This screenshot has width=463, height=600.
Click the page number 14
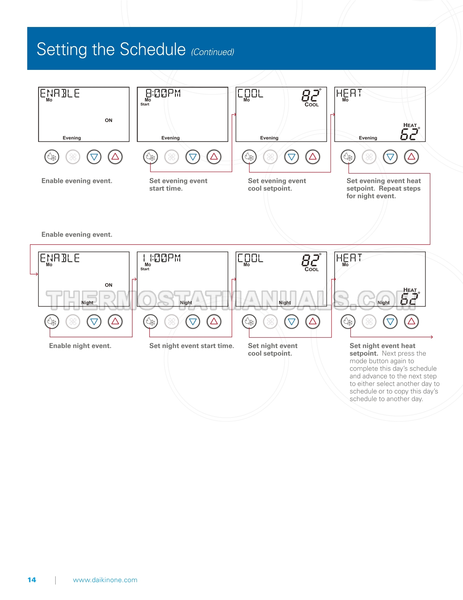click(32, 580)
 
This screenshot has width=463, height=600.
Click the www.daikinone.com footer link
click(105, 580)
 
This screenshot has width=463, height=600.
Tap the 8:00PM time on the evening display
click(163, 93)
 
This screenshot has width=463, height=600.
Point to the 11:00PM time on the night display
click(162, 258)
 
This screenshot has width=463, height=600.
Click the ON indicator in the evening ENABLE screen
click(109, 120)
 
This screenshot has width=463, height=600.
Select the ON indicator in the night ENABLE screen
click(109, 285)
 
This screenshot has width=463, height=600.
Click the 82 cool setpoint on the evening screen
click(310, 95)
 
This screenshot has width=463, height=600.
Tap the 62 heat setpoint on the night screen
click(409, 299)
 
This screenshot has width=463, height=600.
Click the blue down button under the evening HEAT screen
click(390, 157)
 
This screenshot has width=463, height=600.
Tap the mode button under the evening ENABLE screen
click(52, 157)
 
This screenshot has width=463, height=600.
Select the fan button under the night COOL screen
click(270, 322)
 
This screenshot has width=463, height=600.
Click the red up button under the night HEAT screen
click(411, 322)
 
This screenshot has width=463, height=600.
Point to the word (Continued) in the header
click(212, 52)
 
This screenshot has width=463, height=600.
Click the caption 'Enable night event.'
click(80, 346)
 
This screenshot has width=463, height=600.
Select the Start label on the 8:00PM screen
click(145, 104)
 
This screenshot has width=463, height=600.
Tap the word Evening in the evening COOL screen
click(269, 138)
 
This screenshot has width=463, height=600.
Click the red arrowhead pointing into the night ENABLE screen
click(36, 274)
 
